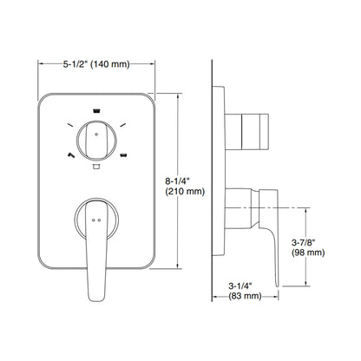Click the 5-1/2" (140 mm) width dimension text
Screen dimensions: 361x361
[96, 63]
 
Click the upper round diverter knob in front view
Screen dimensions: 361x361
[96, 138]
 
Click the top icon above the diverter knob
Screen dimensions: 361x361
[96, 111]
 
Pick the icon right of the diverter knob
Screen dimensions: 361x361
[125, 155]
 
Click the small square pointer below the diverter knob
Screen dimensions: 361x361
[96, 164]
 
